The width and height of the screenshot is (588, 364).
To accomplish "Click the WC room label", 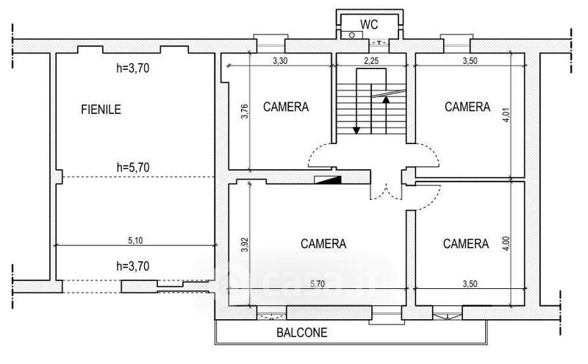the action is click(369, 24).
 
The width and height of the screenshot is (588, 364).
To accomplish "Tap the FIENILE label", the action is click(101, 109).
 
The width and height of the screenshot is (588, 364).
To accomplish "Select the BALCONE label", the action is click(302, 332).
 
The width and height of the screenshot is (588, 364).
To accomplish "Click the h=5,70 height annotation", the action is click(133, 168).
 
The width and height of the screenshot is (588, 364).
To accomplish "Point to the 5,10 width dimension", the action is click(135, 240).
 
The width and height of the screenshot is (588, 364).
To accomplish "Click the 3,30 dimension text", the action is click(280, 61).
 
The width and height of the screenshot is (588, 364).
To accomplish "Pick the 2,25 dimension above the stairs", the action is click(371, 61).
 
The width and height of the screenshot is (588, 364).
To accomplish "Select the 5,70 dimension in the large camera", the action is click(318, 284).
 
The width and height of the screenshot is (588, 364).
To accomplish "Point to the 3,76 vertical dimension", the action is click(245, 111).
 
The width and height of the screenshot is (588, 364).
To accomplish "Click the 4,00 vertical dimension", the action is click(506, 243).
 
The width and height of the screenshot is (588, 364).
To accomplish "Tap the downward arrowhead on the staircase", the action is click(356, 130).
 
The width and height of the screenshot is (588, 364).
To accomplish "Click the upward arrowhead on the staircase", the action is click(386, 99).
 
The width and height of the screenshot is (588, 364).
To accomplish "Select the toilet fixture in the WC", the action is click(352, 35).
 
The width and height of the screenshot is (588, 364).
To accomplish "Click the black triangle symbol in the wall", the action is click(328, 179).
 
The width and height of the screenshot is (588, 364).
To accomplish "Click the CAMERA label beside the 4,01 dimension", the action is click(467, 107).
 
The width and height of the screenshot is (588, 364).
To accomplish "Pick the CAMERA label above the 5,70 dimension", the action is click(323, 244).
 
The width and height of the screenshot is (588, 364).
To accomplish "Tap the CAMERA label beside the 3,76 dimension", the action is click(286, 107).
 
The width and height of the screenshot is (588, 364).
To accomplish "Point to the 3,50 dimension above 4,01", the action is click(470, 61).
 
